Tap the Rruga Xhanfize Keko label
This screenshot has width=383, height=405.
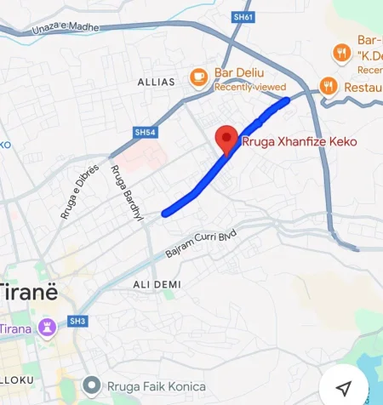coord(300,141)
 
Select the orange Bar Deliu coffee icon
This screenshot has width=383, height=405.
coord(199,76)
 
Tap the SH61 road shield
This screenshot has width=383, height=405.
coord(243,16)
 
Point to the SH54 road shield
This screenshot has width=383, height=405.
coord(146,132)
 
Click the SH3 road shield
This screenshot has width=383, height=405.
coord(78,321)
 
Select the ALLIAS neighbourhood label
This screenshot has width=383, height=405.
coord(156,83)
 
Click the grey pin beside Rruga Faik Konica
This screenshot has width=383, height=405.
coord(92,387)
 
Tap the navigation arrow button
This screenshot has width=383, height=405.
coord(344,387)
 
